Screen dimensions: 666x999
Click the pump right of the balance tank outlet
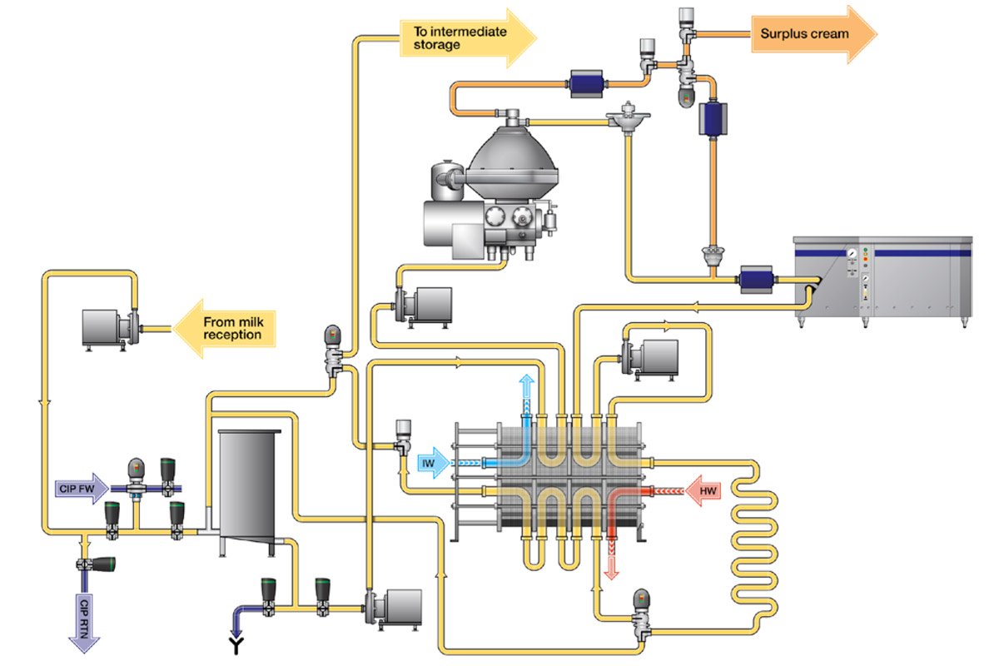tap(392, 607)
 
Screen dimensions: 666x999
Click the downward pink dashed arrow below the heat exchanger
tap(612, 566)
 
